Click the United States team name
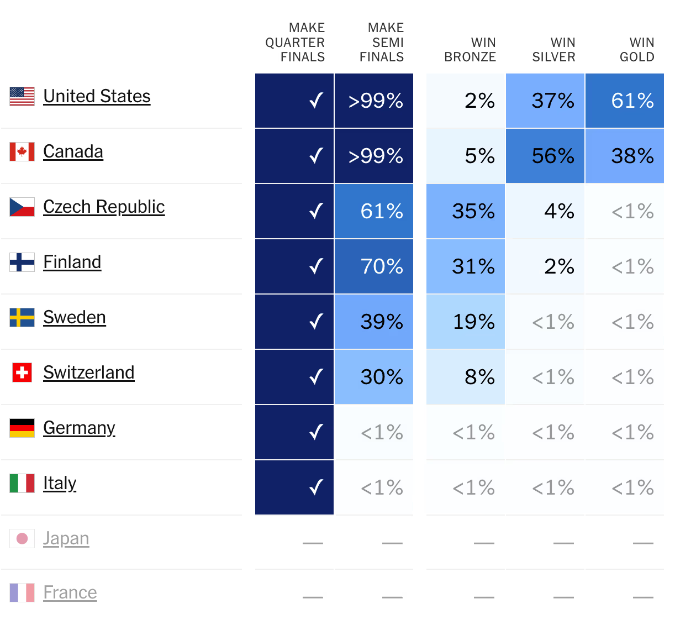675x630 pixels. pyautogui.click(x=97, y=96)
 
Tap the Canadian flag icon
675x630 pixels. pyautogui.click(x=22, y=151)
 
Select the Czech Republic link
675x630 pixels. pyautogui.click(x=104, y=207)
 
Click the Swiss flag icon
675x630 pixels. pyautogui.click(x=22, y=372)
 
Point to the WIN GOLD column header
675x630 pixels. pyautogui.click(x=637, y=50)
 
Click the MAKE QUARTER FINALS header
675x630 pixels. pyautogui.click(x=295, y=43)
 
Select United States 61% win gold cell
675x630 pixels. pyautogui.click(x=625, y=101)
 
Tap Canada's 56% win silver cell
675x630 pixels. pyautogui.click(x=545, y=156)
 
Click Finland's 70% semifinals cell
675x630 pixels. pyautogui.click(x=374, y=266)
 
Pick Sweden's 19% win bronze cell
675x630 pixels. pyautogui.click(x=466, y=322)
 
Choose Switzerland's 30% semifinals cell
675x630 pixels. pyautogui.click(x=374, y=377)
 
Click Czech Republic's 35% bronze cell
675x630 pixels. pyautogui.click(x=466, y=211)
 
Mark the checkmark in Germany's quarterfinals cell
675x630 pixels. pyautogui.click(x=316, y=432)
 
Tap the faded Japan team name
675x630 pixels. pyautogui.click(x=66, y=538)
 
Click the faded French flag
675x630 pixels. pyautogui.click(x=22, y=592)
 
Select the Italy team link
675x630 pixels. pyautogui.click(x=60, y=483)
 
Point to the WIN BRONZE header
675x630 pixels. pyautogui.click(x=470, y=50)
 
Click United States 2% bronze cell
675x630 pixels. pyautogui.click(x=466, y=101)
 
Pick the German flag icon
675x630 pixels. pyautogui.click(x=22, y=428)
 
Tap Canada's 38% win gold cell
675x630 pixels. pyautogui.click(x=625, y=156)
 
